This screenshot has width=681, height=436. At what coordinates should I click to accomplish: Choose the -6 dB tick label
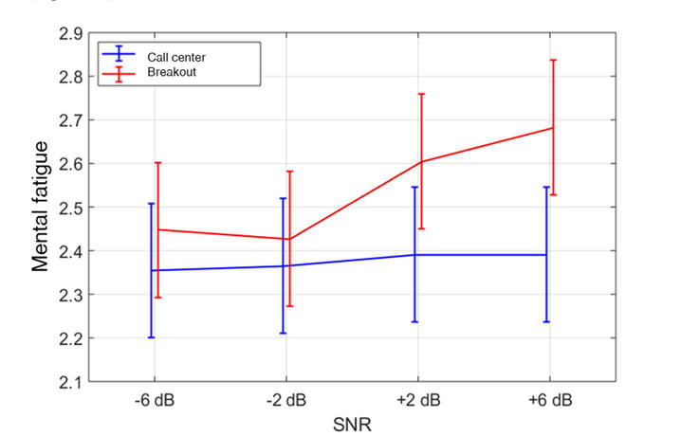[x=155, y=400]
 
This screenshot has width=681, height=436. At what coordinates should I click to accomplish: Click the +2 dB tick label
[x=418, y=400]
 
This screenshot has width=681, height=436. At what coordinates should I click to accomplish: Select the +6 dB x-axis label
[x=550, y=400]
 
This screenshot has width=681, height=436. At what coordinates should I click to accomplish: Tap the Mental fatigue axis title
[x=41, y=207]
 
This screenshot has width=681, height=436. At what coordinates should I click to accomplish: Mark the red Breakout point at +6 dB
[x=553, y=128]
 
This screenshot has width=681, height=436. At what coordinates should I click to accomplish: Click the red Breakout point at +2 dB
[x=421, y=162]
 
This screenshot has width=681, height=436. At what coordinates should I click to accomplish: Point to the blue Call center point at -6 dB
[x=151, y=270]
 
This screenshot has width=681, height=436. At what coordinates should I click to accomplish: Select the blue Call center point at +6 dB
[x=546, y=255]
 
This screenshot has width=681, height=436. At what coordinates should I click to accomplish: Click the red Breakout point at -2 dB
[x=289, y=239]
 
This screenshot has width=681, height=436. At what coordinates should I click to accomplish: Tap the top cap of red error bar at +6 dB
[x=553, y=61]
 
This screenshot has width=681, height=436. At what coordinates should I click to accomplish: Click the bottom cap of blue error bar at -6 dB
[x=151, y=337]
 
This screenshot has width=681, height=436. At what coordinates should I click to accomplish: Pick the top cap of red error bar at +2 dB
[x=421, y=94]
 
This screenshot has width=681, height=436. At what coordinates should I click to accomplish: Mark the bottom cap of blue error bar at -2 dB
[x=283, y=333]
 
